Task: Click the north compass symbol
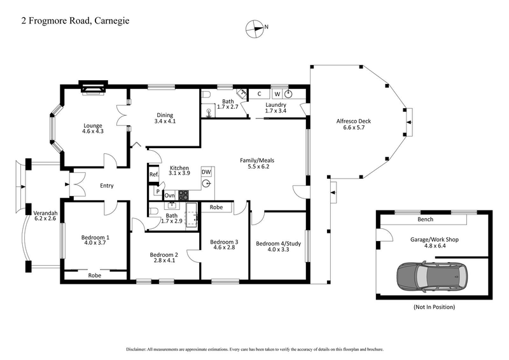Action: point(254,27)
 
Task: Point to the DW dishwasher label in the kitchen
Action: point(206,172)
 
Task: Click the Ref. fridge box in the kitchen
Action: point(153,174)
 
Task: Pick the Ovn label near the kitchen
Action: point(170,195)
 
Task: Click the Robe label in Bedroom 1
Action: point(95,275)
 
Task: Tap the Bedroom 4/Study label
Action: point(277,243)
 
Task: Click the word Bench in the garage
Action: point(425,219)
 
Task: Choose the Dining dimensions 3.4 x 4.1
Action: point(165,121)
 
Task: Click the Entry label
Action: point(106,186)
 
